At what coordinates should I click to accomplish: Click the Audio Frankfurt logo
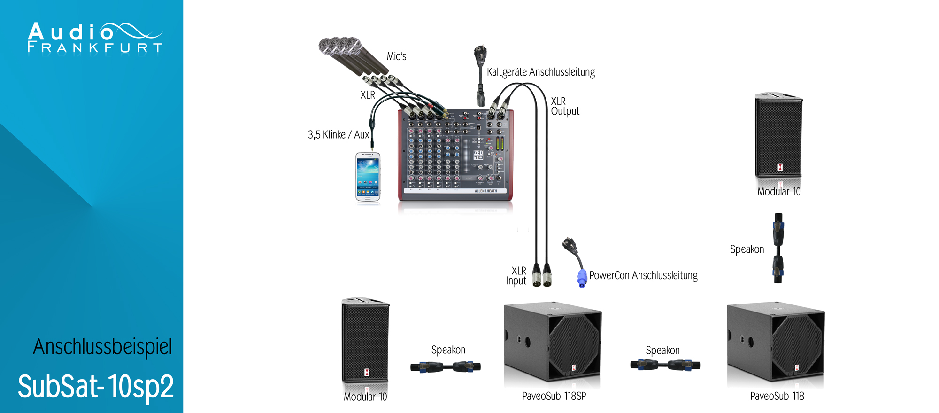click(95, 38)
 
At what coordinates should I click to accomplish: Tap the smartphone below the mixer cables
click(368, 177)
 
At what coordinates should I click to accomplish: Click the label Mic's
click(396, 56)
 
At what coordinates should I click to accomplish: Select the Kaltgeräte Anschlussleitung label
click(540, 72)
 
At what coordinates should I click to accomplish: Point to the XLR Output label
click(564, 106)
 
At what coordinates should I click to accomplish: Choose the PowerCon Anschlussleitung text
click(643, 275)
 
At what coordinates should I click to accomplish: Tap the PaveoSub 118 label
click(777, 396)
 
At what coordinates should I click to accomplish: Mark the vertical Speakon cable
click(778, 248)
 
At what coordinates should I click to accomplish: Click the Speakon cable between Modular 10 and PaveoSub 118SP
click(445, 366)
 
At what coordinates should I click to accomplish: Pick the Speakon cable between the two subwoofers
click(665, 365)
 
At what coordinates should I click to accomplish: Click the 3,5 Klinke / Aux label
click(339, 135)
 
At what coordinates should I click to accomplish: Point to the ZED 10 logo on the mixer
click(478, 155)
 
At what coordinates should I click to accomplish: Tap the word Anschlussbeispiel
click(102, 347)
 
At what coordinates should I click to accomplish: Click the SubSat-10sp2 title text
click(96, 387)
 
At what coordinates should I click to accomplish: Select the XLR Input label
click(516, 276)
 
